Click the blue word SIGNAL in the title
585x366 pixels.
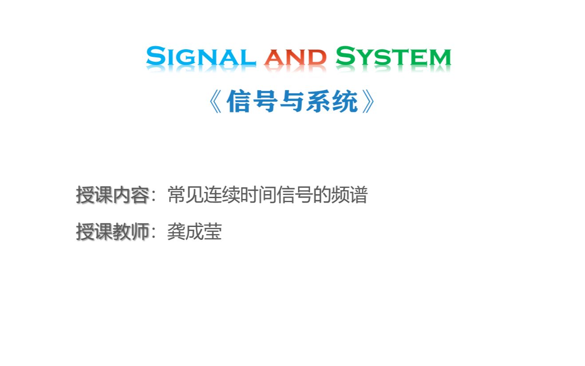[x=201, y=57]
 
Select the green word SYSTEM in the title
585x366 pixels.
[x=393, y=57]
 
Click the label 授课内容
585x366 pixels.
[x=112, y=195]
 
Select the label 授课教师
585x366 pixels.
[x=112, y=232]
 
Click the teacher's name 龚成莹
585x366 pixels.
[x=194, y=232]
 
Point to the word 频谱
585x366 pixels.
[x=349, y=195]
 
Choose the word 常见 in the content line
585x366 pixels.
[x=186, y=195]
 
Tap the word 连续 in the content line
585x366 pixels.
[x=222, y=195]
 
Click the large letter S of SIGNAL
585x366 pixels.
[x=155, y=56]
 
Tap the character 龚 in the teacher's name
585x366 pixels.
[x=176, y=232]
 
